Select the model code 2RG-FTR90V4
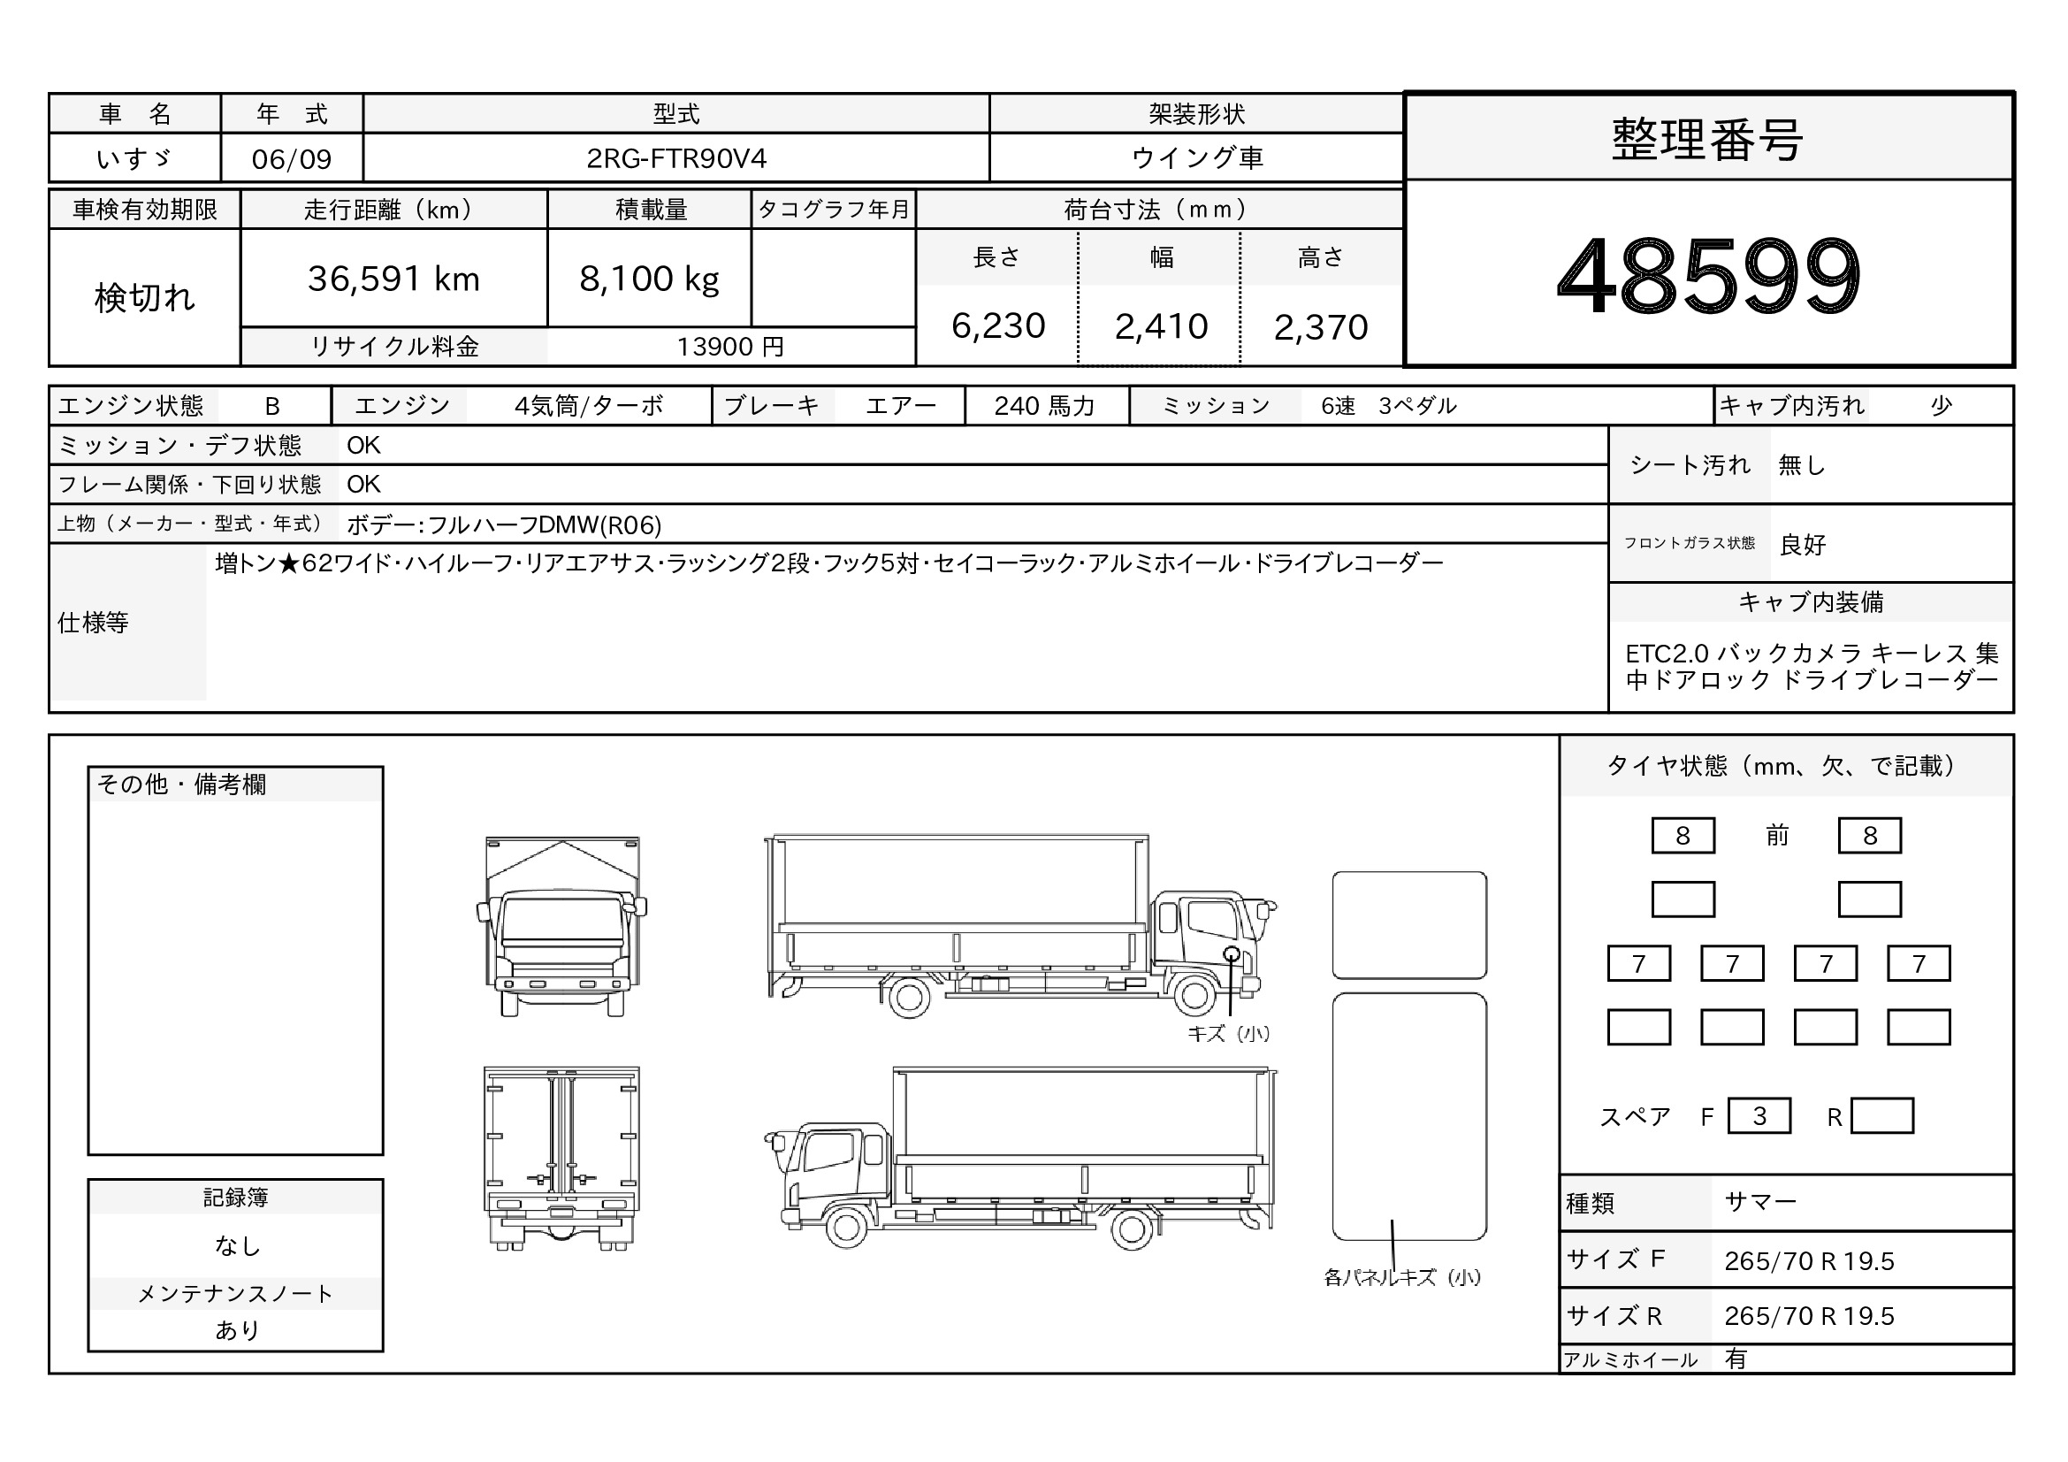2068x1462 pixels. pyautogui.click(x=676, y=158)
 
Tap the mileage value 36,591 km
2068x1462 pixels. pyautogui.click(x=393, y=279)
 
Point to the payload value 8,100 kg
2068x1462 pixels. pyautogui.click(x=650, y=279)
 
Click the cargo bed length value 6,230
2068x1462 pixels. pyautogui.click(x=998, y=326)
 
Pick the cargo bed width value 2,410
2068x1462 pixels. pyautogui.click(x=1161, y=326)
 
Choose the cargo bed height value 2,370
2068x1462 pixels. pyautogui.click(x=1320, y=327)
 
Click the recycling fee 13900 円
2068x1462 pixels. pyautogui.click(x=730, y=347)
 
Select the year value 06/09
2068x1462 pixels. pyautogui.click(x=292, y=159)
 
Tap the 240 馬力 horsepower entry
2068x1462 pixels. pyautogui.click(x=1045, y=406)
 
